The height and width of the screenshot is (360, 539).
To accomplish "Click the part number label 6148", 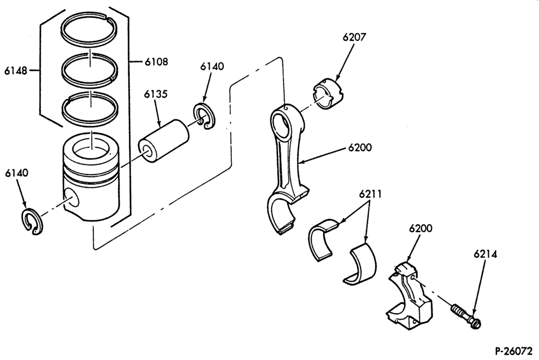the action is (16, 71).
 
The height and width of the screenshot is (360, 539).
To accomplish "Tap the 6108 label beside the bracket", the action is (156, 62).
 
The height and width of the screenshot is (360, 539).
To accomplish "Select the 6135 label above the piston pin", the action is (156, 94).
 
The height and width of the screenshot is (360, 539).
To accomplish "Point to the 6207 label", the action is (355, 37).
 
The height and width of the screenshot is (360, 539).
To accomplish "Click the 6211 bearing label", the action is (371, 194).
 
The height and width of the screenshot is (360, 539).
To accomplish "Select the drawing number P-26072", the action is (514, 351).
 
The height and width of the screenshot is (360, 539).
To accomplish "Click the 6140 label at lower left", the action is (17, 173).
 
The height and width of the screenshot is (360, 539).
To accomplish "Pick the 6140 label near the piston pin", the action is (212, 66).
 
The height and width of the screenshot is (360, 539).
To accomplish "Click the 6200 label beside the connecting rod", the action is (360, 148).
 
